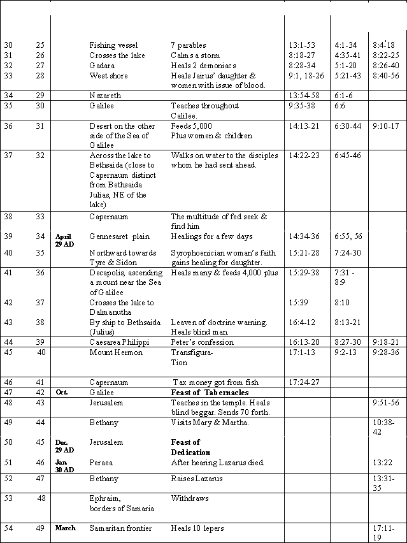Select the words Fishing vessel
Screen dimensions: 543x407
[x=111, y=45]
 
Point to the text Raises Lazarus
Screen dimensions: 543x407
[x=197, y=479]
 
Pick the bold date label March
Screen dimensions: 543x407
[x=66, y=528]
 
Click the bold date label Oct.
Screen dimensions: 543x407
[x=62, y=393]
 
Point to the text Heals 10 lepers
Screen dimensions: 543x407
[x=197, y=528]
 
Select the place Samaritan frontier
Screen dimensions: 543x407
[x=120, y=528]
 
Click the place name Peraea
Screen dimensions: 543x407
[x=102, y=462]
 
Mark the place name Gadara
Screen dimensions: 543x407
[x=103, y=66]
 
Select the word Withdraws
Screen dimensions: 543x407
[x=190, y=498]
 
